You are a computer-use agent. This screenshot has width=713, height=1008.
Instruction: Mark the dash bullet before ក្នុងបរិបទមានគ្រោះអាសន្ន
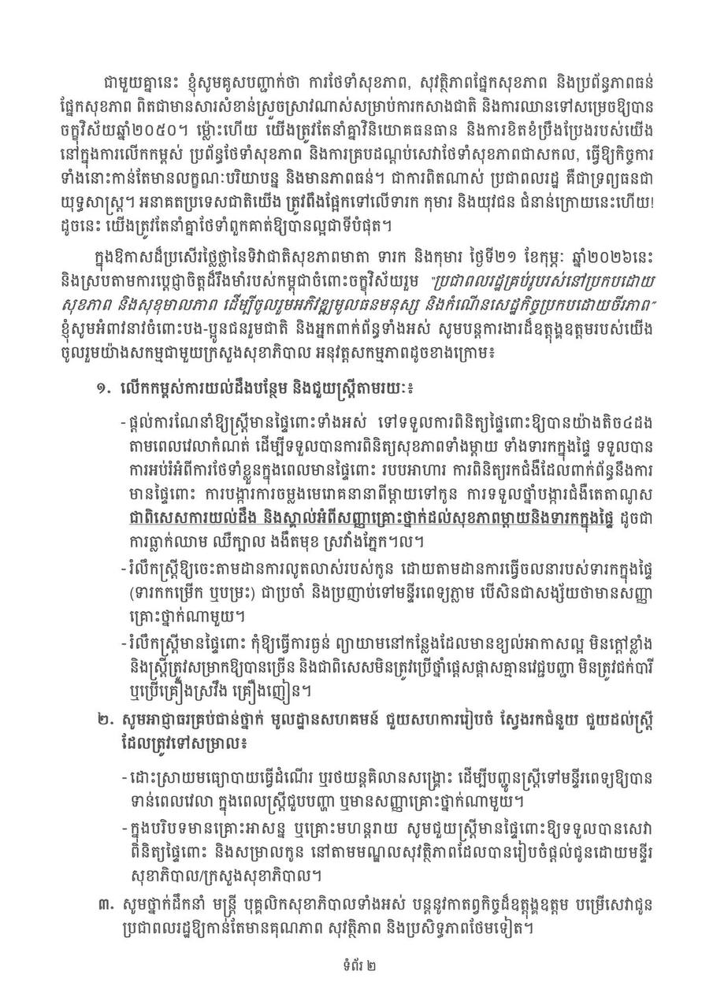124,828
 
